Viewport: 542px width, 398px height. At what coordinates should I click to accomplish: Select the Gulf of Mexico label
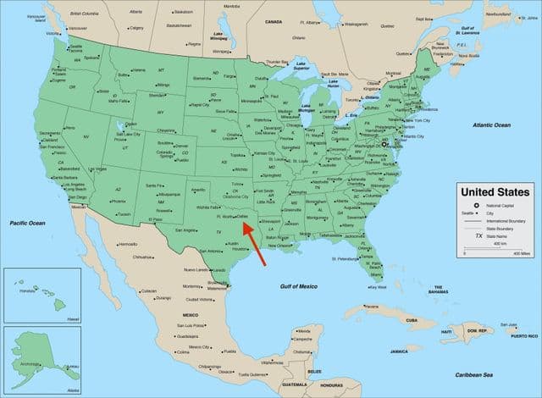(299, 287)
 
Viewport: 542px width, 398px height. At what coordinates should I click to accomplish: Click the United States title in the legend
(495, 192)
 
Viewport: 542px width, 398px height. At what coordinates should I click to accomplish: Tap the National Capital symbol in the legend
(476, 206)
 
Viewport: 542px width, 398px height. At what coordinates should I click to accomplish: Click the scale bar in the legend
(495, 252)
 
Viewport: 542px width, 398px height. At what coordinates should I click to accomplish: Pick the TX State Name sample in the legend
(478, 235)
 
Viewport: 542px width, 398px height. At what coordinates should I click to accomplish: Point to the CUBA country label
(412, 320)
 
